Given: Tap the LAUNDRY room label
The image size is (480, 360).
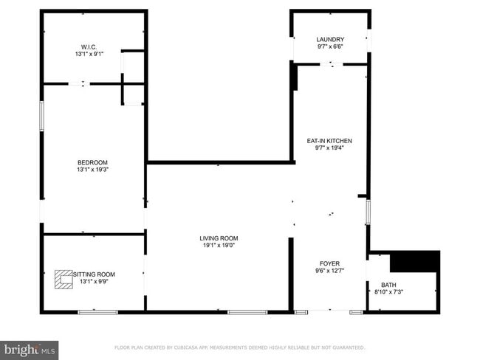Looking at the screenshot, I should (x=330, y=39).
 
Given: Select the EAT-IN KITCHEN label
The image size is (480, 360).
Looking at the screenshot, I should (x=329, y=140).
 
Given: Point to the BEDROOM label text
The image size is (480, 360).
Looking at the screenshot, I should (x=93, y=162).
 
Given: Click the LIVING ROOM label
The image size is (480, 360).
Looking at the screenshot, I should (x=219, y=238).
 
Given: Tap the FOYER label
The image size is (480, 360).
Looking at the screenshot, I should (x=329, y=263).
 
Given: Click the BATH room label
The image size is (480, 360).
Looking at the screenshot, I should (x=388, y=285).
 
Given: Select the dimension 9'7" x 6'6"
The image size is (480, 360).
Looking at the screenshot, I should (x=330, y=46).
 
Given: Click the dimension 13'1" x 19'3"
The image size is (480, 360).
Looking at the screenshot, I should (x=93, y=170).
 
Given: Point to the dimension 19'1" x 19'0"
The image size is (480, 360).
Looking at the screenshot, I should (x=219, y=245).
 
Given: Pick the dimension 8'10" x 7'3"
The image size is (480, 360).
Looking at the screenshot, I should (x=388, y=292).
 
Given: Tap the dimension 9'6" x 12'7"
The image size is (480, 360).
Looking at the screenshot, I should (x=329, y=271).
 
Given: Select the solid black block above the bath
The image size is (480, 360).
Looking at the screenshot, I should (x=414, y=261).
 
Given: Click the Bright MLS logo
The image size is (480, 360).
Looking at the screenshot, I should (x=30, y=348).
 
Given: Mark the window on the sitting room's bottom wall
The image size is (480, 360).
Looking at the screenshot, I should (x=97, y=313).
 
